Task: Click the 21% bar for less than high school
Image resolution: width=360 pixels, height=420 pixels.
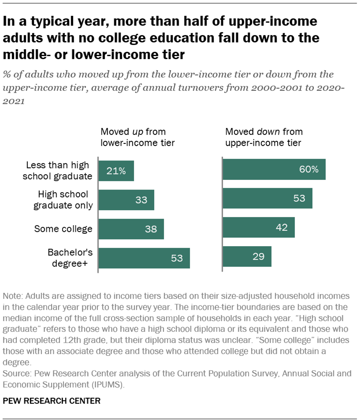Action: pos(116,171)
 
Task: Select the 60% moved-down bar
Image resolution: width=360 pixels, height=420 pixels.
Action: pos(274,170)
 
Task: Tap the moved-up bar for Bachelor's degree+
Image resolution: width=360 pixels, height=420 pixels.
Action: pos(144,258)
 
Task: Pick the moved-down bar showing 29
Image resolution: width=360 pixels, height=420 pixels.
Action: pos(247,256)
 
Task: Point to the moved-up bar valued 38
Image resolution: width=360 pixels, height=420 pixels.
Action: pos(131,229)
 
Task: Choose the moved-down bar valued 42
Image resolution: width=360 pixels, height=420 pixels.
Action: pos(259,227)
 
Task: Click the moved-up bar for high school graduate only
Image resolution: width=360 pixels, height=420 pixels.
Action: pos(126,200)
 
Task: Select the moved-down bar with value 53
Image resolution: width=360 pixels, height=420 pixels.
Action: pos(267,198)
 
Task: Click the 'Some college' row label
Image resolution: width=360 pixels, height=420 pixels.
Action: pos(63,229)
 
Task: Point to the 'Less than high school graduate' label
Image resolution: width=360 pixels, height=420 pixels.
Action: pos(59,170)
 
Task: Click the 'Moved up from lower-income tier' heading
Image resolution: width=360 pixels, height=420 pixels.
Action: pos(137,137)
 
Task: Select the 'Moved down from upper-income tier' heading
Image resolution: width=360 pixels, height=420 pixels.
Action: pos(264,137)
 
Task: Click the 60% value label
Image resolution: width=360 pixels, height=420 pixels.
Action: pos(309,170)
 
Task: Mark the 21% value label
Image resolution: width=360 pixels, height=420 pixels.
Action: pos(116,171)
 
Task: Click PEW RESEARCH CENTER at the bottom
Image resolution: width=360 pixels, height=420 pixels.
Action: pos(52,401)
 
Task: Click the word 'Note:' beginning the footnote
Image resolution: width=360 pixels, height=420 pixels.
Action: pos(12,296)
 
